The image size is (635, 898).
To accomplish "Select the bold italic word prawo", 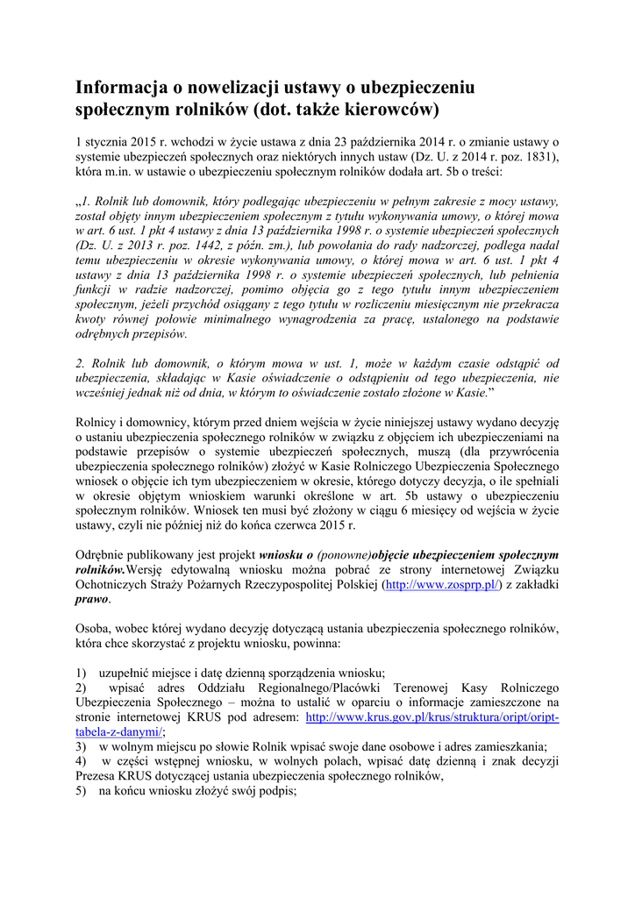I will (x=92, y=599).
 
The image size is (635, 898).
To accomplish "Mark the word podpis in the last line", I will (x=278, y=790).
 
